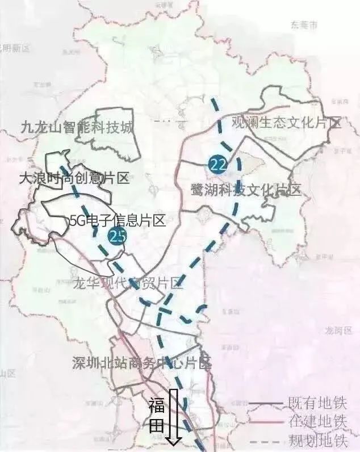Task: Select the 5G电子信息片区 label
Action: pyautogui.click(x=117, y=220)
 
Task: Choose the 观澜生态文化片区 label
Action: pyautogui.click(x=287, y=123)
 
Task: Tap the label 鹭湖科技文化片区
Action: pyautogui.click(x=246, y=190)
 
